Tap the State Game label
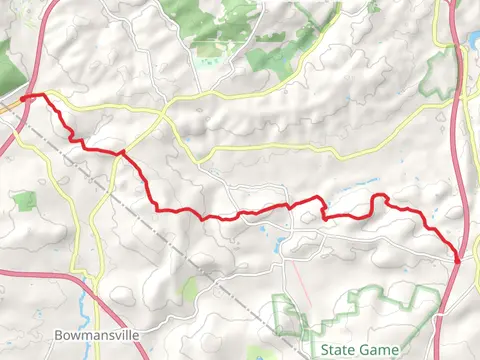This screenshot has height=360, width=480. pos(364,349)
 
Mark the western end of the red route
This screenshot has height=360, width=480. pos(22,97)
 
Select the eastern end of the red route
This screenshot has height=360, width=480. pos(458,259)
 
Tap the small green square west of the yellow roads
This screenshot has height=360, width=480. pos(25,201)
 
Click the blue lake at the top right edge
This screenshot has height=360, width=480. pos(473,43)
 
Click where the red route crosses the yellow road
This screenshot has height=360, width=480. pos(121,153)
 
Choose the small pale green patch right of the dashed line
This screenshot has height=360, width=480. pos(189,290)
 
